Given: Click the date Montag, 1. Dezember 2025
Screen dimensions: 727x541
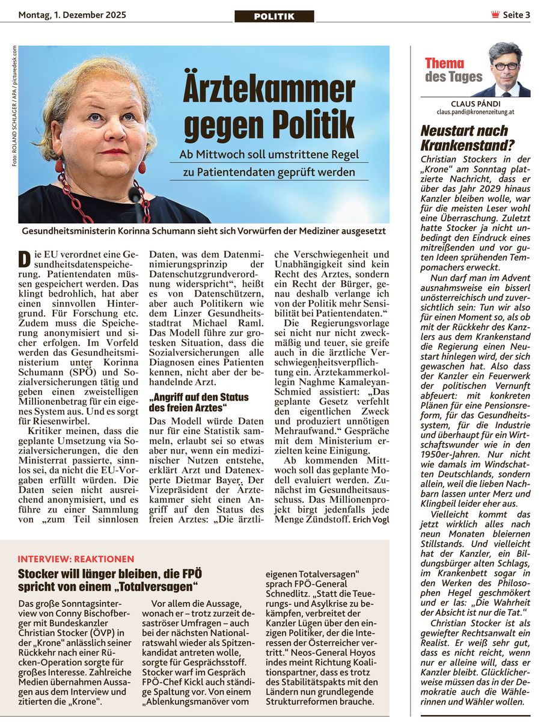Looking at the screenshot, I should point(72,15).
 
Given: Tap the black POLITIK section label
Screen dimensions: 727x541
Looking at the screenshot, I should point(274,16).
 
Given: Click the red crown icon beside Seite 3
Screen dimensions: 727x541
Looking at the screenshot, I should point(495,15).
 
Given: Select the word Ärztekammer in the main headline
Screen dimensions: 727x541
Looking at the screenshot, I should point(269,90).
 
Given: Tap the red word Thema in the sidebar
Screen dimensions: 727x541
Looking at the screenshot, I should point(444,63).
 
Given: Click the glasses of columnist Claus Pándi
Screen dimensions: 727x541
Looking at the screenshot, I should point(506,66).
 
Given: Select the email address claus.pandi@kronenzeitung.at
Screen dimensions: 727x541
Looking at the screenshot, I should point(475,112).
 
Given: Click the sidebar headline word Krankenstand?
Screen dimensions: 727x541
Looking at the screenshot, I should point(468,144).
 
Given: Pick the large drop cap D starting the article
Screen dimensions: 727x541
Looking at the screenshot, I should point(24,259).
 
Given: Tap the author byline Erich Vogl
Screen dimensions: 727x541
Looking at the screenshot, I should point(371,518).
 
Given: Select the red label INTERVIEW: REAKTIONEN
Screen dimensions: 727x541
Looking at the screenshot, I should point(76,559).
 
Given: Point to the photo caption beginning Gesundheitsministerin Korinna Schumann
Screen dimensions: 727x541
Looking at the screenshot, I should point(203,231).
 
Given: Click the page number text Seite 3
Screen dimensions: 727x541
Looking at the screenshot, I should point(516,15).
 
